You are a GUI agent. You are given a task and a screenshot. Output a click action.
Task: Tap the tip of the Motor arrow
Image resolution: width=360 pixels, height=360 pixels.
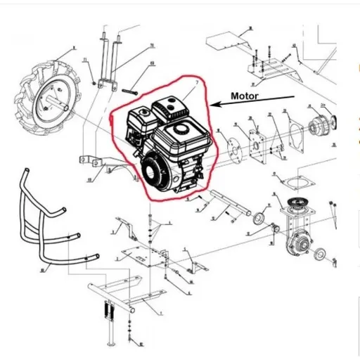click(213, 106)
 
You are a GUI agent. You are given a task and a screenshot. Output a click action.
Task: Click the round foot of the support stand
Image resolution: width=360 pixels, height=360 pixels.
click(111, 347)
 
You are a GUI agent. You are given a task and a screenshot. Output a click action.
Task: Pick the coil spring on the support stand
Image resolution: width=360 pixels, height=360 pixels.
click(108, 309)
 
